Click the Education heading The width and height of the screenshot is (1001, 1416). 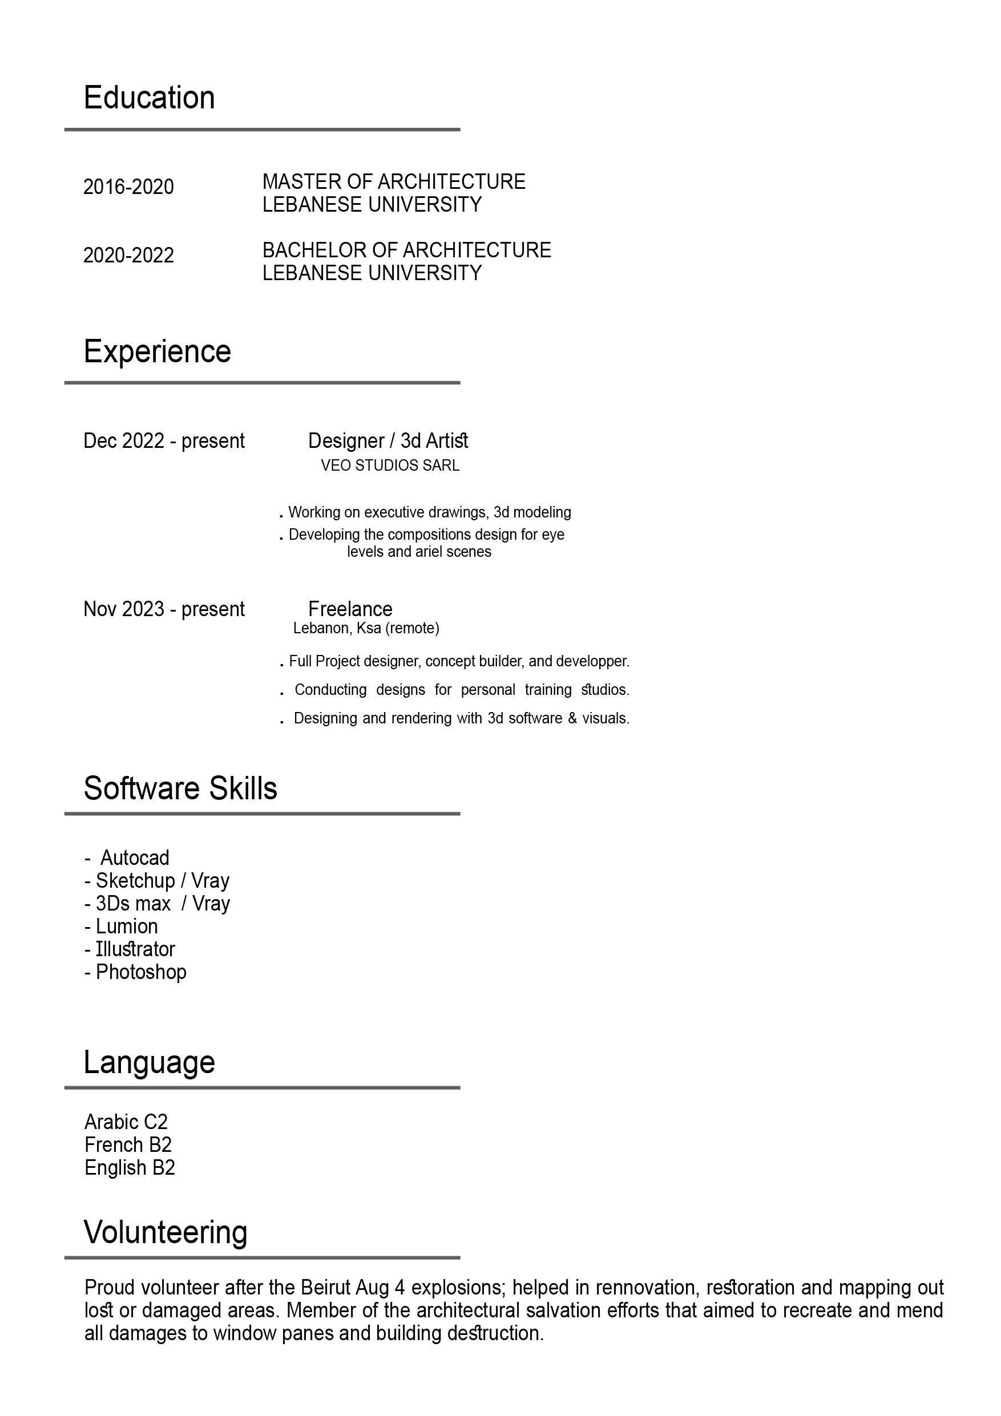pyautogui.click(x=150, y=98)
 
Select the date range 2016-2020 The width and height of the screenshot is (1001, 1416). pyautogui.click(x=128, y=187)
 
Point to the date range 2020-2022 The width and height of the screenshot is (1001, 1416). pyautogui.click(x=128, y=256)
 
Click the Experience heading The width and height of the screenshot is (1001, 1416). pyautogui.click(x=158, y=351)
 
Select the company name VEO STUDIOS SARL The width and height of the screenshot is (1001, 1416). pyautogui.click(x=390, y=466)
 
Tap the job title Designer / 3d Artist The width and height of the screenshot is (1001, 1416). pyautogui.click(x=388, y=441)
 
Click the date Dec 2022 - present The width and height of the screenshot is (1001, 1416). pyautogui.click(x=164, y=441)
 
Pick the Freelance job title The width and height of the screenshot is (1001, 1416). pyautogui.click(x=350, y=609)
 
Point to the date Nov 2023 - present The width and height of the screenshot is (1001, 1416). pyautogui.click(x=164, y=609)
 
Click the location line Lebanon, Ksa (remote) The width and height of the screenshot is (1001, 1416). pyautogui.click(x=366, y=629)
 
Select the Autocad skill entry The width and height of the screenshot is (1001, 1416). pyautogui.click(x=135, y=858)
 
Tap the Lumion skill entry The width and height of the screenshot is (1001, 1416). pyautogui.click(x=127, y=927)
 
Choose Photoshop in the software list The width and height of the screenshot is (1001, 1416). pyautogui.click(x=140, y=972)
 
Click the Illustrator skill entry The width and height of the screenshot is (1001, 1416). pyautogui.click(x=135, y=949)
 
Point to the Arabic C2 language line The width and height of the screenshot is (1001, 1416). pyautogui.click(x=126, y=1122)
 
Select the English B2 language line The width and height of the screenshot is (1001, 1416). pyautogui.click(x=130, y=1167)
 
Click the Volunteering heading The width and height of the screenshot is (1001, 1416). pyautogui.click(x=166, y=1233)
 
